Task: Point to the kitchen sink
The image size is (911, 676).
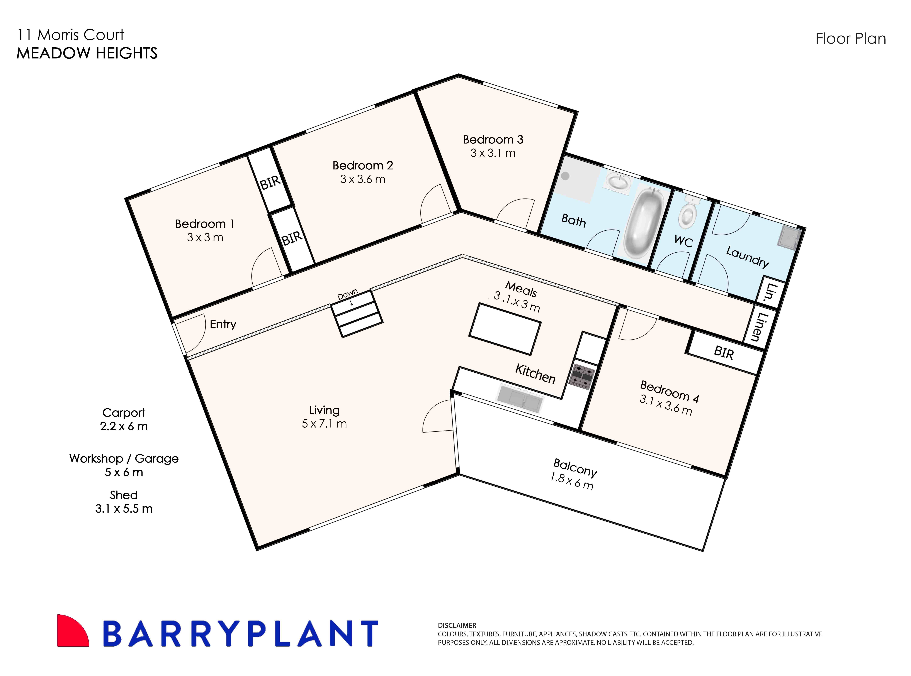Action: [520, 399]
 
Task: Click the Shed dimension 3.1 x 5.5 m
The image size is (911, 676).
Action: [124, 509]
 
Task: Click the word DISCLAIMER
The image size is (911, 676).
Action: [457, 625]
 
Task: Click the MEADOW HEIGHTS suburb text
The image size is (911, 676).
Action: [87, 53]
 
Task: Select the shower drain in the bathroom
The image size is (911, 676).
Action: [565, 176]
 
